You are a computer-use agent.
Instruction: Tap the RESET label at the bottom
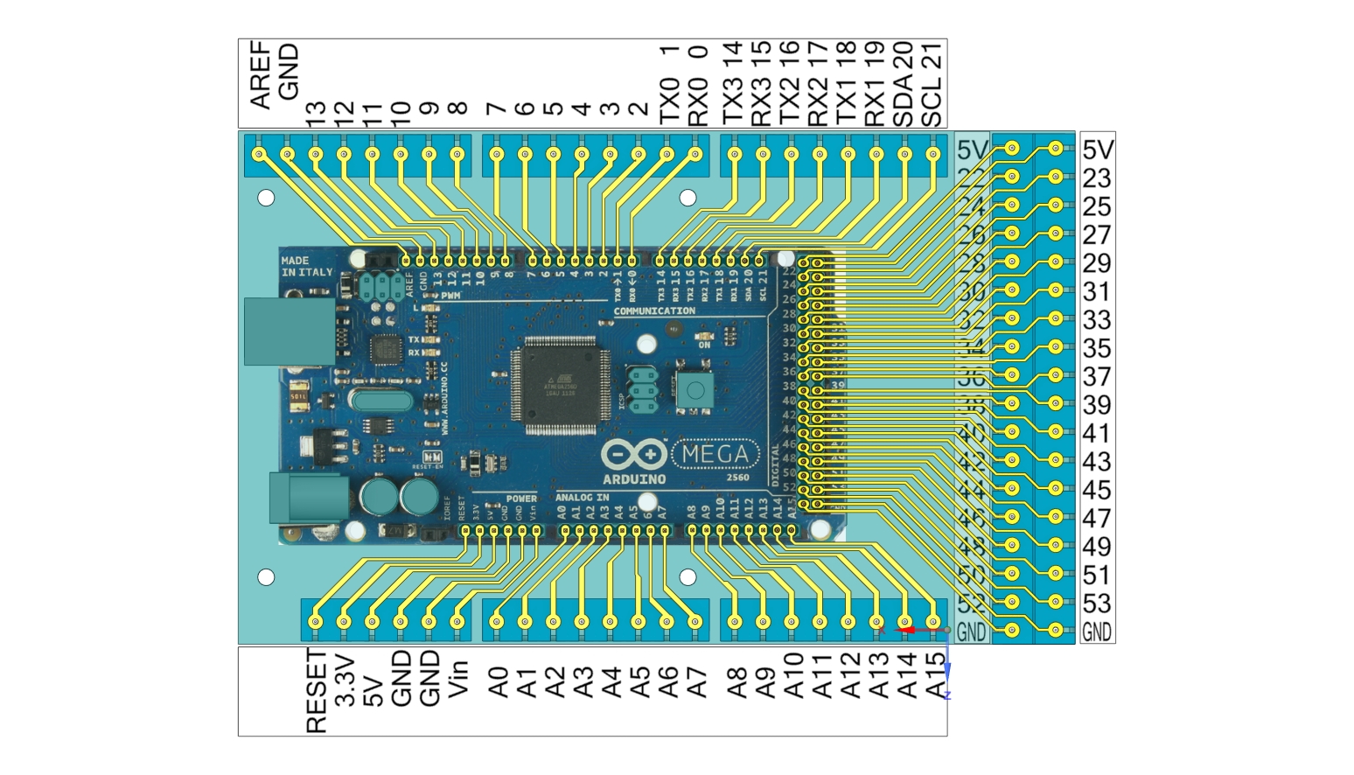pos(317,691)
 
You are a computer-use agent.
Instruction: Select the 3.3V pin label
pos(345,681)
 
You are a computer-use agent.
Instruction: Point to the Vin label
pos(458,678)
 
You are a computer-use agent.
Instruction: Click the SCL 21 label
pos(933,83)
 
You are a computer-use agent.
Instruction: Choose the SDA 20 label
pos(905,83)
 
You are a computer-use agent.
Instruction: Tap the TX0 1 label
pos(669,85)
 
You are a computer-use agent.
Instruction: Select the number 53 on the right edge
pos(1097,604)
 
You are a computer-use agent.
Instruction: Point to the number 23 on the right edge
pos(1097,178)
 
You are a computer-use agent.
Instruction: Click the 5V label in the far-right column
pos(1098,150)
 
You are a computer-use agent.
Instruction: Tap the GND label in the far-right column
pos(1097,632)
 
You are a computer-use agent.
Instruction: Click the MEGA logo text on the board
pos(715,454)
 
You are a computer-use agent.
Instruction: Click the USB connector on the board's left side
pos(289,332)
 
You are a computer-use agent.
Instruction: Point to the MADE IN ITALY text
pos(306,267)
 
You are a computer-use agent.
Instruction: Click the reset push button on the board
pos(695,390)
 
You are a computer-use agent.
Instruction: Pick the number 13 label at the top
pos(317,111)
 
